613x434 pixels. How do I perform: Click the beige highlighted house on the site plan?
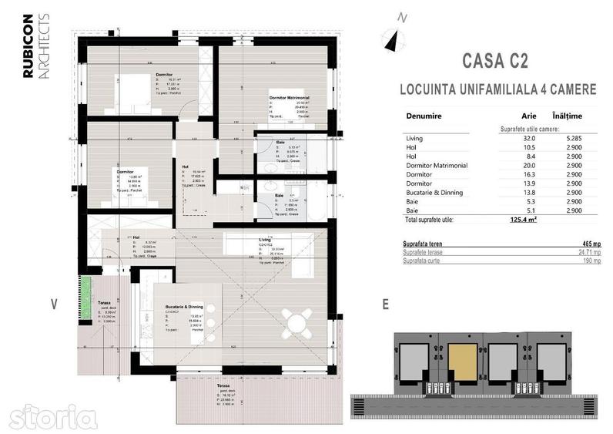(463, 358)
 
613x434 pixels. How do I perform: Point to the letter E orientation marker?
(384, 304)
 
